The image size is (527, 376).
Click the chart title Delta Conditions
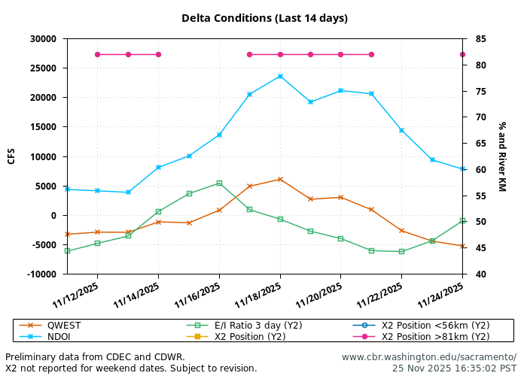(x=264, y=18)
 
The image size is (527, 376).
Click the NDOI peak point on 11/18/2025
(x=280, y=76)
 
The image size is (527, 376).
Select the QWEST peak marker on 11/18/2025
(x=280, y=179)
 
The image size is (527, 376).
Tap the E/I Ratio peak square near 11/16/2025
(x=219, y=183)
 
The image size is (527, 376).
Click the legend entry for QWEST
(x=64, y=326)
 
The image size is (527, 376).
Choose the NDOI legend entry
(x=59, y=337)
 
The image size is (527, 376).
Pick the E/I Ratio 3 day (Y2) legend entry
(x=258, y=326)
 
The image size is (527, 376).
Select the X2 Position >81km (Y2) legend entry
(x=435, y=337)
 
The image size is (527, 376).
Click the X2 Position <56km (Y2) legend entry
(x=435, y=326)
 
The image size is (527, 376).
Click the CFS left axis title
(x=11, y=156)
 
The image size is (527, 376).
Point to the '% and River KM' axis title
(x=502, y=156)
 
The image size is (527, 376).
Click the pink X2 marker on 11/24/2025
(x=462, y=54)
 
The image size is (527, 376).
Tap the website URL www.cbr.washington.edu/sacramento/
(x=428, y=357)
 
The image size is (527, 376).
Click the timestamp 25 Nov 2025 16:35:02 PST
(x=454, y=368)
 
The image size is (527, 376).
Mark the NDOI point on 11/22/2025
(x=401, y=130)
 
